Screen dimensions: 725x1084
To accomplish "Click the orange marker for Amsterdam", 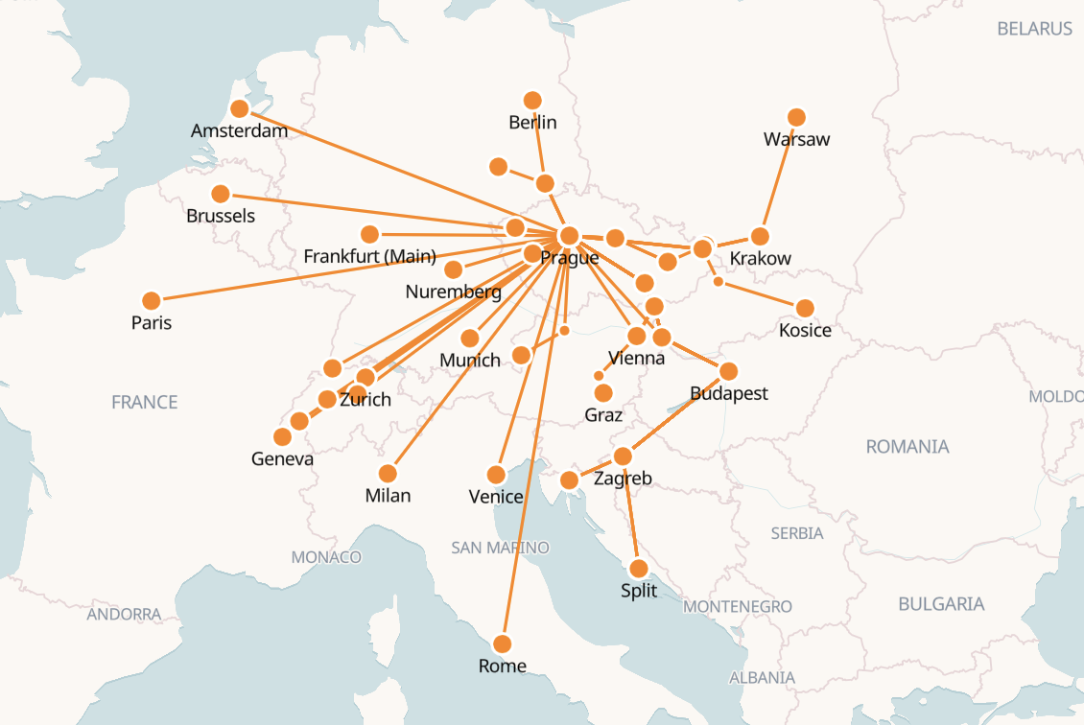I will pyautogui.click(x=240, y=109).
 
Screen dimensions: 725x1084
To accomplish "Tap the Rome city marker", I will pyautogui.click(x=502, y=643).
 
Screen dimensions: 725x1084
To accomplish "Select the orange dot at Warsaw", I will pyautogui.click(x=796, y=117).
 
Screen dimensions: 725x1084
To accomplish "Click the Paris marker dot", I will pyautogui.click(x=151, y=300).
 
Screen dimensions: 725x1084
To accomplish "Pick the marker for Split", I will pyautogui.click(x=639, y=569).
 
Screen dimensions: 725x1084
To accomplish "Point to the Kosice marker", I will pyautogui.click(x=805, y=308).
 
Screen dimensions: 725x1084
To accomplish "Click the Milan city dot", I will pyautogui.click(x=388, y=474).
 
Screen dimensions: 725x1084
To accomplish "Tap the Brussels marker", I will pyautogui.click(x=221, y=194).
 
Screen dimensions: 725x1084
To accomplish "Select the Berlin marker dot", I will pyautogui.click(x=532, y=100).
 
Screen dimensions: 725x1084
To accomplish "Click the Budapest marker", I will pyautogui.click(x=728, y=371).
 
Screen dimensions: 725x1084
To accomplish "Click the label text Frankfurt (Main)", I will pyautogui.click(x=369, y=256).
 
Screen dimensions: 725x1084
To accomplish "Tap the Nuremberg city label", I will pyautogui.click(x=453, y=292).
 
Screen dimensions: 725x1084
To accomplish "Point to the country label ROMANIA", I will pyautogui.click(x=907, y=447).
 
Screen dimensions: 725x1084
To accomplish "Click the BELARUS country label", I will pyautogui.click(x=1034, y=29).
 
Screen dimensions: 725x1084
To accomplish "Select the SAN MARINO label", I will pyautogui.click(x=500, y=548).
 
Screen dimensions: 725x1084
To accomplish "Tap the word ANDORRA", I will pyautogui.click(x=124, y=614).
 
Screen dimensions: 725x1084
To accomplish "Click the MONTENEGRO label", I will pyautogui.click(x=738, y=606).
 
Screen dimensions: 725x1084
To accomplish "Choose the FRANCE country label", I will pyautogui.click(x=145, y=402).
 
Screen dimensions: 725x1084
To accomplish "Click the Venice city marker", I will pyautogui.click(x=496, y=475).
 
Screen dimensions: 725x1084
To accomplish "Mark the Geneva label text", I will pyautogui.click(x=282, y=458).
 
